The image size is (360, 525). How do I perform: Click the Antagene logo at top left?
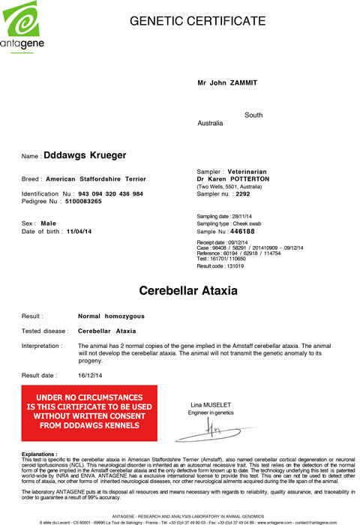24,28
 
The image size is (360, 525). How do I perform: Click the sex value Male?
49,223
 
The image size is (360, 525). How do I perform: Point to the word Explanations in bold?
39,454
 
